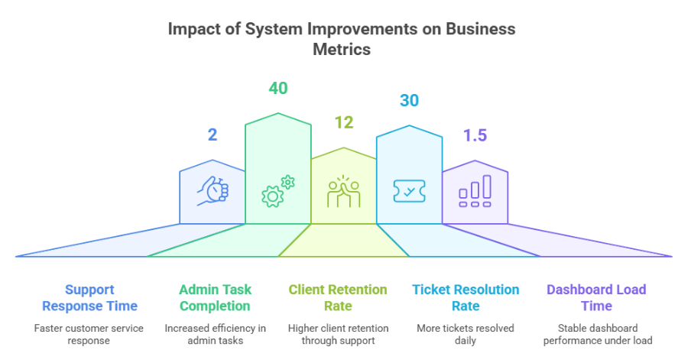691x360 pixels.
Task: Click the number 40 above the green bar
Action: click(278, 88)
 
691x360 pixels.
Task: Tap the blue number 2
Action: click(212, 135)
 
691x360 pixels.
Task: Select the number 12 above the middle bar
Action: click(344, 122)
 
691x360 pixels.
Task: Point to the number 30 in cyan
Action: click(409, 100)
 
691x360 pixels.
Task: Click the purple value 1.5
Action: click(475, 135)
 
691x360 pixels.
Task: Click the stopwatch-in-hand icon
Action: click(212, 191)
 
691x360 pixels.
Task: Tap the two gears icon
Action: click(278, 191)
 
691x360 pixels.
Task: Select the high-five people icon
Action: click(344, 191)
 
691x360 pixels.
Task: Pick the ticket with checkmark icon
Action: click(409, 191)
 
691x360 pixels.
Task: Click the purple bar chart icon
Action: click(475, 191)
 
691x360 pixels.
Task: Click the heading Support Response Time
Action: click(89, 297)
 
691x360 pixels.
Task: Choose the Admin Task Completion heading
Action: click(215, 297)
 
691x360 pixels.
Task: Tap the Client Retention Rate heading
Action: click(338, 297)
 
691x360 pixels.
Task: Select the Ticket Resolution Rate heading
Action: click(466, 297)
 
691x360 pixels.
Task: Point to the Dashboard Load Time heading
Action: click(596, 297)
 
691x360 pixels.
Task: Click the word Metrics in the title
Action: click(342, 49)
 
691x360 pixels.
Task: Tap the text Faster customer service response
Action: click(89, 335)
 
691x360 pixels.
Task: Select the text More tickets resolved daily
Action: click(466, 335)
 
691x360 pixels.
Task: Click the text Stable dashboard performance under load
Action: click(598, 335)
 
